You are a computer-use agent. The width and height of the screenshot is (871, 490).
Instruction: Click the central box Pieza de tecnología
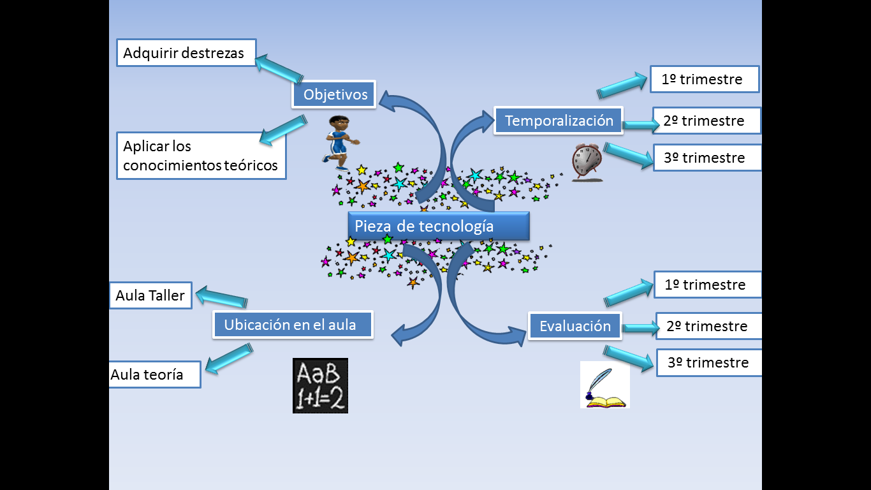(x=438, y=226)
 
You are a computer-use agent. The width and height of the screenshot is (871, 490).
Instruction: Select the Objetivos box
(x=335, y=94)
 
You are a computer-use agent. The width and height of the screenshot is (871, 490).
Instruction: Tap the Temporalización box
(x=559, y=121)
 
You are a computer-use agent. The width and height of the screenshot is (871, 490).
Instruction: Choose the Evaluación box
(x=575, y=326)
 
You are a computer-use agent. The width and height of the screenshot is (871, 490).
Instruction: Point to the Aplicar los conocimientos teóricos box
(x=201, y=156)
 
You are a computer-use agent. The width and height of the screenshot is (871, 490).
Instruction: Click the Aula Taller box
(x=150, y=295)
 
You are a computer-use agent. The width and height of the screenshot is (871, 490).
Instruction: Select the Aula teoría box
(x=155, y=375)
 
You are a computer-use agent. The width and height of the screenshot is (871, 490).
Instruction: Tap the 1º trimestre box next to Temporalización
(x=704, y=79)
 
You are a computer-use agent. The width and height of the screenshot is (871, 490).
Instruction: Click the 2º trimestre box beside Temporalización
(x=706, y=121)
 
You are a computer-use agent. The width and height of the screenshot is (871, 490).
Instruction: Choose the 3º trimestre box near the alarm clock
(x=706, y=158)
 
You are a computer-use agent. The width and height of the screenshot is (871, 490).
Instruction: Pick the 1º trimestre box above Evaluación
(x=707, y=285)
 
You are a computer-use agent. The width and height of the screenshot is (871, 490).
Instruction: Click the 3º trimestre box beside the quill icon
(x=708, y=362)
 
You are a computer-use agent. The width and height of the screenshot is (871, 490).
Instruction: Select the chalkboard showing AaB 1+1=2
(x=320, y=385)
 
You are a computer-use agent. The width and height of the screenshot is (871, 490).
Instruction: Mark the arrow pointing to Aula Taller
(x=221, y=298)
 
